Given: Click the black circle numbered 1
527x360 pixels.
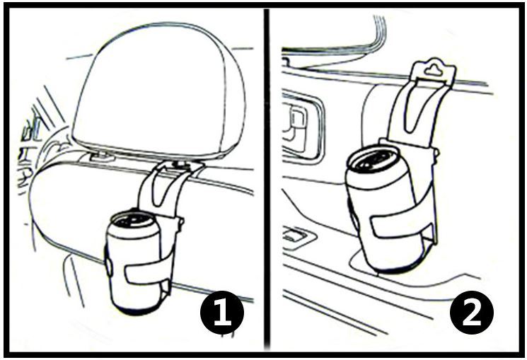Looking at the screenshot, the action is (x=222, y=313).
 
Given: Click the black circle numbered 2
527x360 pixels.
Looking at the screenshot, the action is (x=472, y=313).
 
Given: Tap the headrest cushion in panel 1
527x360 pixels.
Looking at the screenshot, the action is (x=158, y=90).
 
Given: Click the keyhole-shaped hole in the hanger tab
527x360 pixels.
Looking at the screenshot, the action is (x=434, y=69).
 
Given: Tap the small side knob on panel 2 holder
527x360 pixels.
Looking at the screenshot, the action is (x=436, y=153).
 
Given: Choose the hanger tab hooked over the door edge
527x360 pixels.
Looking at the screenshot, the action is (x=434, y=71).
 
